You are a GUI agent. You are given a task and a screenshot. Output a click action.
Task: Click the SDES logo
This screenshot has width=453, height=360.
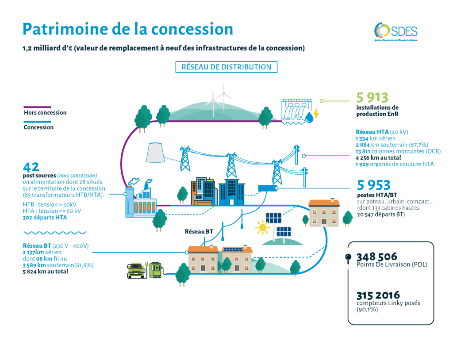(395, 31)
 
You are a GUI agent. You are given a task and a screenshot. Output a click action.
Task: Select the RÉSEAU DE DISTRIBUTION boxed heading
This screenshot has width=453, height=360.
(226, 67)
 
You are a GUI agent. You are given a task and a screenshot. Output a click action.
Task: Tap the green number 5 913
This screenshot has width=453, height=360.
(372, 97)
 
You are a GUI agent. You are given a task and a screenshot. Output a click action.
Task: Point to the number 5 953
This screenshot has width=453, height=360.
(373, 185)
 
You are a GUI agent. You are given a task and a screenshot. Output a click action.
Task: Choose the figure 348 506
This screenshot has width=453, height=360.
(376, 257)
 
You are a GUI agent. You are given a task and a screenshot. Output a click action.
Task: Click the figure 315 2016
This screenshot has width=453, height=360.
(378, 295)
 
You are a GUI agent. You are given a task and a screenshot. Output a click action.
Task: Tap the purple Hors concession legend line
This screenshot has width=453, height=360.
(37, 107)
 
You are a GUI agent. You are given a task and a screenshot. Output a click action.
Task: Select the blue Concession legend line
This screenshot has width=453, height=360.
(37, 121)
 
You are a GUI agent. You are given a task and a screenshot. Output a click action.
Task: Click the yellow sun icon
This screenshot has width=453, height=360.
(262, 228)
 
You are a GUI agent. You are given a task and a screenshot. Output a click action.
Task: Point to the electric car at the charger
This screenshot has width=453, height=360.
(136, 270)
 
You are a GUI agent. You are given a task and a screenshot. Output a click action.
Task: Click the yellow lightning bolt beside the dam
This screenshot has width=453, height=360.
(315, 116)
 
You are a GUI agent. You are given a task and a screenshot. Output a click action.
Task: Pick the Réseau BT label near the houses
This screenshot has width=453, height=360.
(199, 231)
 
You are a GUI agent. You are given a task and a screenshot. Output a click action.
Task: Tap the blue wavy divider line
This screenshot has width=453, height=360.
(54, 232)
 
